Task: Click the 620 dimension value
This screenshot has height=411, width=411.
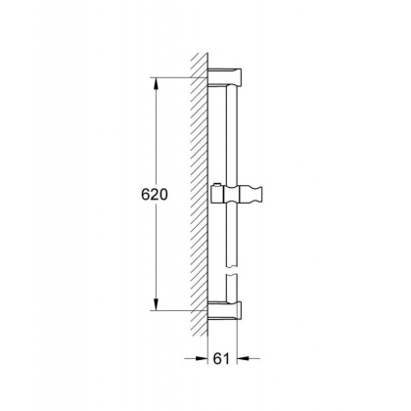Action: click(153, 195)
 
